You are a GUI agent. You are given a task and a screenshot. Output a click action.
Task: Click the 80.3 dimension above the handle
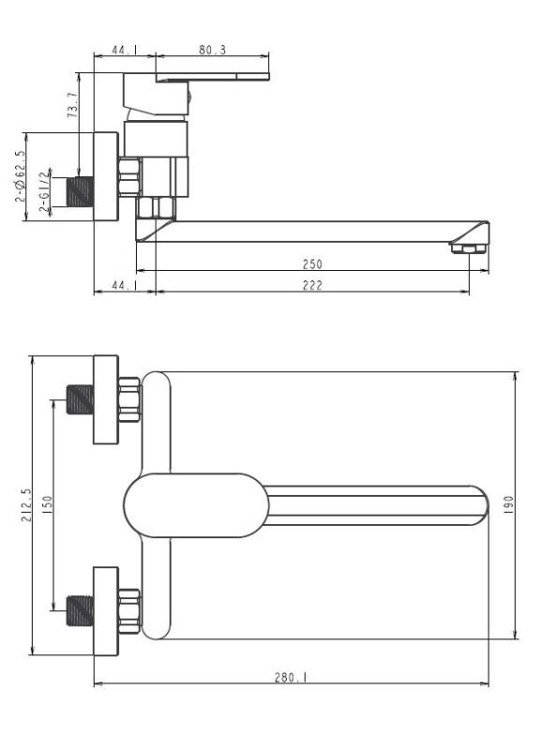coord(213,51)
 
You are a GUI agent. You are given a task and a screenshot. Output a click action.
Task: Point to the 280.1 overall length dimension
coord(285,677)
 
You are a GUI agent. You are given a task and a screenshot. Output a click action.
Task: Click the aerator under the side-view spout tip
coord(467,247)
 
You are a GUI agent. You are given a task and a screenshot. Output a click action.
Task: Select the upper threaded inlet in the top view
coord(82,399)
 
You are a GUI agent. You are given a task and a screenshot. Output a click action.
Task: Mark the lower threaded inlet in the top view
coord(82,611)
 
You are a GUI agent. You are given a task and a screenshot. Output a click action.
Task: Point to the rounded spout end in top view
coord(479,505)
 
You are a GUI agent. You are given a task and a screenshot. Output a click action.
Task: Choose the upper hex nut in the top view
coord(129,399)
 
